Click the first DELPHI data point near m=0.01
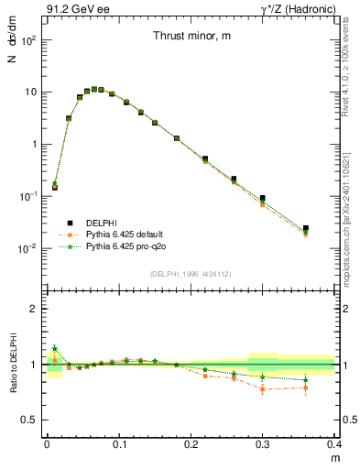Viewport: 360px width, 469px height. (x=54, y=187)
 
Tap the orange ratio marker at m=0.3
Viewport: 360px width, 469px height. (x=263, y=389)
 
